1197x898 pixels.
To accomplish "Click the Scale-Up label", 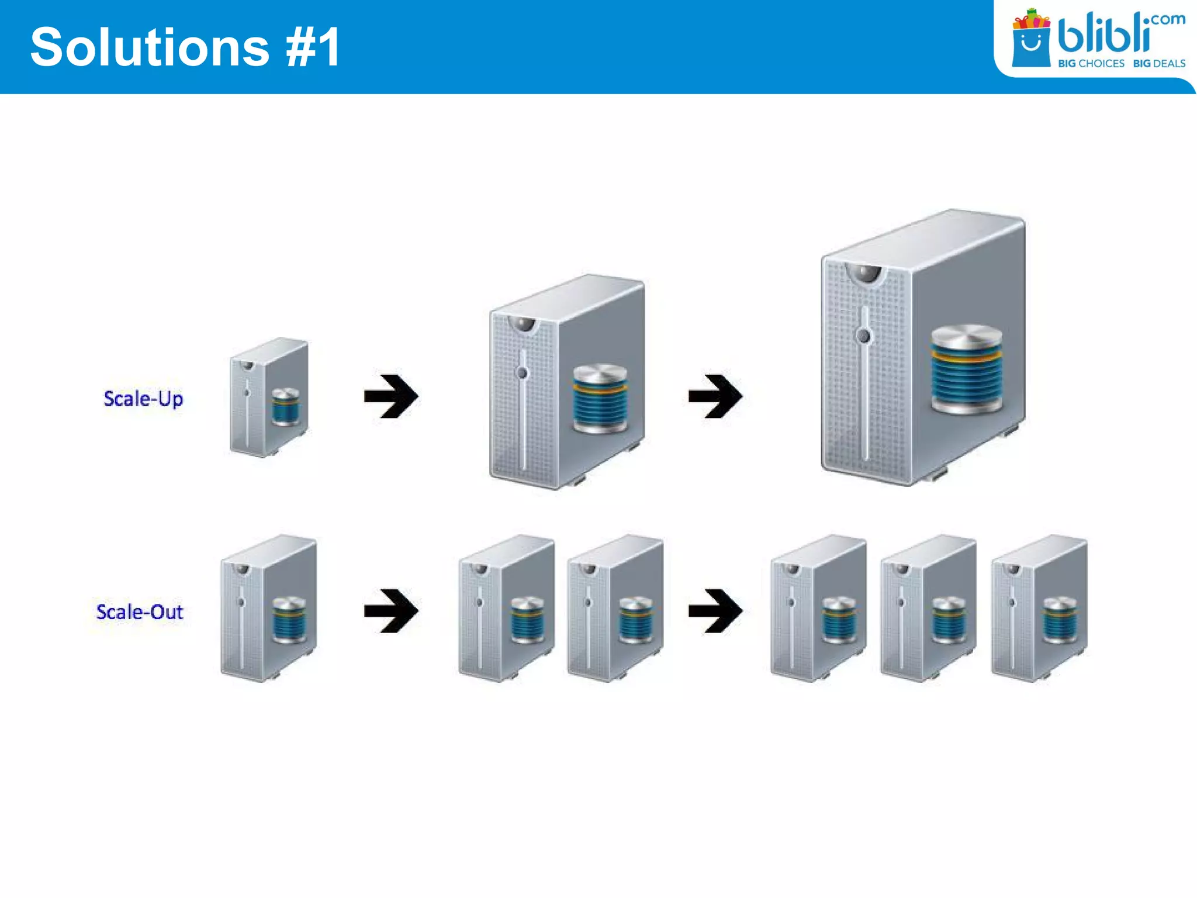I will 143,399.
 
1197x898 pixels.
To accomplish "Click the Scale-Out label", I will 140,612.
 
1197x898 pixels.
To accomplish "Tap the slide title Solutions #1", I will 185,47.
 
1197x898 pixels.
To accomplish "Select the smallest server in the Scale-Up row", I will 269,398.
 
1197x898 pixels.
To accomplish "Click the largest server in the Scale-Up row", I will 922,348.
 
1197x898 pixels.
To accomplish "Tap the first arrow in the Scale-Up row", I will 390,396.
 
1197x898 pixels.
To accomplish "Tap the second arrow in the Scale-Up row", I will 715,396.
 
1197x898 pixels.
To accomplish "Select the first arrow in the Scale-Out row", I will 390,611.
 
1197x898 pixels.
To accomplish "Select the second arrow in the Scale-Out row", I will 715,611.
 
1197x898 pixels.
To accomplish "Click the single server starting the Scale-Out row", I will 268,608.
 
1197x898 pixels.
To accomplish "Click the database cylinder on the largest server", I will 966,369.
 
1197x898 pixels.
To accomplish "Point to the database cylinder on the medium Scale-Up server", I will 600,399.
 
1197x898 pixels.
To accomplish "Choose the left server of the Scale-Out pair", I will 506,608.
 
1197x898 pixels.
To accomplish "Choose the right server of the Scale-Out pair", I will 615,608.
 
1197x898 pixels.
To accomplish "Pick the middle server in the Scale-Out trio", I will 928,608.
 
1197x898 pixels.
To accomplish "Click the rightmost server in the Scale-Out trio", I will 1039,608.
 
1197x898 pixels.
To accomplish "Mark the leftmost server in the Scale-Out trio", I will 818,608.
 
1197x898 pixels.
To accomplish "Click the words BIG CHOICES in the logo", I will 1091,63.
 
